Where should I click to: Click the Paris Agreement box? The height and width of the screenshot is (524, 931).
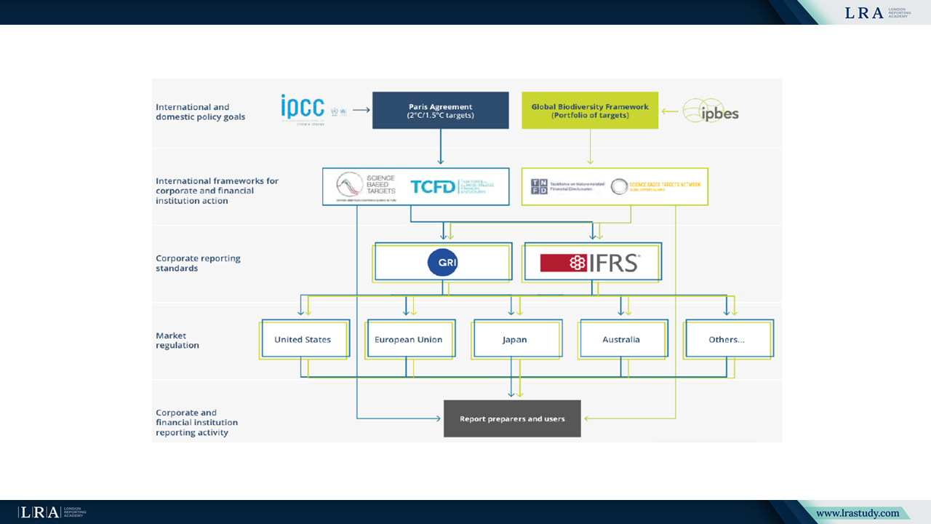[440, 111]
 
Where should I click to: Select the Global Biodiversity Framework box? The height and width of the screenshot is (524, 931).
[590, 111]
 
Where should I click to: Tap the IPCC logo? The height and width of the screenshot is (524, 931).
[303, 107]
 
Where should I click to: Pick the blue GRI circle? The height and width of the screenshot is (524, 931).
[442, 262]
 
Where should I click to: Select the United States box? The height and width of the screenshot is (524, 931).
[303, 339]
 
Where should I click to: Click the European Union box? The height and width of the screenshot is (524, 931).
[408, 339]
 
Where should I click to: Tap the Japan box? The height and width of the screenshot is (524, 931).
[514, 339]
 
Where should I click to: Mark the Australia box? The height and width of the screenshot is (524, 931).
[621, 339]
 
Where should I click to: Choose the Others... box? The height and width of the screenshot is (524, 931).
[727, 339]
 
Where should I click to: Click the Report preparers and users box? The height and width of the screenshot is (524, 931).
[512, 418]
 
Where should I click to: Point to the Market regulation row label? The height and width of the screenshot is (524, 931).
[177, 341]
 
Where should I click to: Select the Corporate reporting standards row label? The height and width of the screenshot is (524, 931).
[198, 263]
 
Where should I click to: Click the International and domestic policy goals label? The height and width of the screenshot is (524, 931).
[200, 111]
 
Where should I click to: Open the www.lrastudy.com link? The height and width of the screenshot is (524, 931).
[858, 513]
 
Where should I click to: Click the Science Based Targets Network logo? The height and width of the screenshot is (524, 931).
[656, 186]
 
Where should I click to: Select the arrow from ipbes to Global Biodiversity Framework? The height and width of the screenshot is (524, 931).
[670, 111]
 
